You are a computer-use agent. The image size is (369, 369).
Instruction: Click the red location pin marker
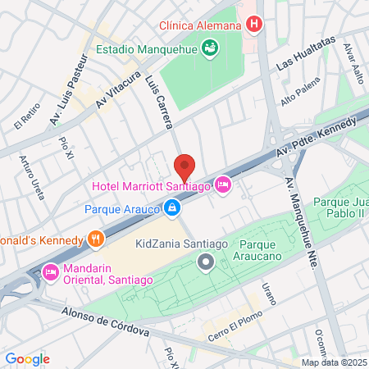pyautogui.click(x=184, y=167)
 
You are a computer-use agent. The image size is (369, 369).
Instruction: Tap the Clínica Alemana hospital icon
pyautogui.click(x=254, y=25)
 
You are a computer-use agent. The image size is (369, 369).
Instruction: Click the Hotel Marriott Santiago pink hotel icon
pyautogui.click(x=222, y=186)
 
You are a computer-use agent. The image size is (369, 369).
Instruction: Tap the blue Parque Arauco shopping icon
pyautogui.click(x=171, y=210)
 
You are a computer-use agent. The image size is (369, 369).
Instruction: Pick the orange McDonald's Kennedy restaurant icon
pyautogui.click(x=96, y=239)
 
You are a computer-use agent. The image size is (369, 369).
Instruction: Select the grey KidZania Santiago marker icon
pyautogui.click(x=206, y=262)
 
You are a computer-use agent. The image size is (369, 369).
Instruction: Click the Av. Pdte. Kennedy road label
pyautogui.click(x=317, y=136)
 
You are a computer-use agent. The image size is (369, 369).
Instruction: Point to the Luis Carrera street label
pyautogui.click(x=161, y=102)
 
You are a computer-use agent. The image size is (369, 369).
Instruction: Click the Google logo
pyautogui.click(x=28, y=358)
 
